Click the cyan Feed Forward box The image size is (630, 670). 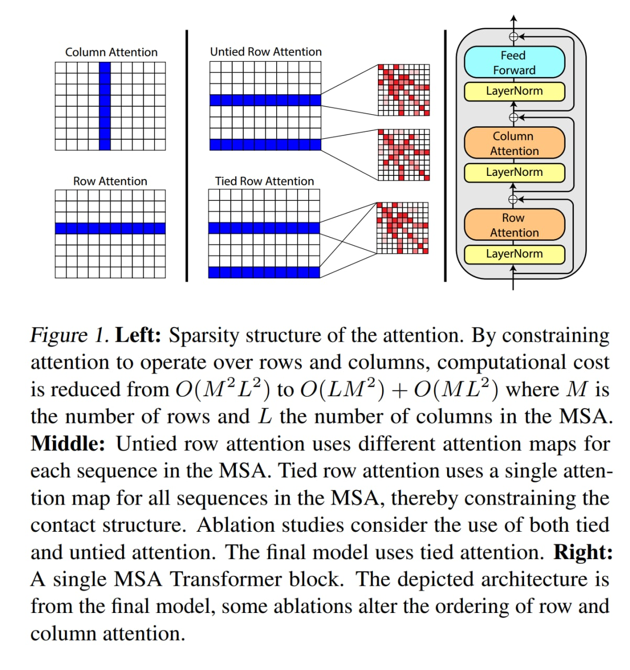pyautogui.click(x=514, y=63)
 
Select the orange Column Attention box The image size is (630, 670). pyautogui.click(x=514, y=143)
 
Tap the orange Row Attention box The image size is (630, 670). pyautogui.click(x=514, y=225)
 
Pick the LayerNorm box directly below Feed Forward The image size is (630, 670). pyautogui.click(x=514, y=91)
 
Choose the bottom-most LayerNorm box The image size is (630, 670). pyautogui.click(x=514, y=254)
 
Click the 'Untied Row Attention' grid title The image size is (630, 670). pyautogui.click(x=266, y=52)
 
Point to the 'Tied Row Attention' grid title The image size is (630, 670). pyautogui.click(x=264, y=181)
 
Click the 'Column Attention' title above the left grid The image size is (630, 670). pyautogui.click(x=111, y=52)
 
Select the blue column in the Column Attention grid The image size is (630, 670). pyautogui.click(x=105, y=106)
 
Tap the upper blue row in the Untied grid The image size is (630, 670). pyautogui.click(x=265, y=100)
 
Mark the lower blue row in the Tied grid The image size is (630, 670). pyautogui.click(x=264, y=272)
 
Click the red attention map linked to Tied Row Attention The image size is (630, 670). pyautogui.click(x=403, y=228)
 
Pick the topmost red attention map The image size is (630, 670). pyautogui.click(x=404, y=90)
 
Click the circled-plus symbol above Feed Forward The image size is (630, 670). pyautogui.click(x=514, y=37)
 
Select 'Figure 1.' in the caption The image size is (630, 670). pyautogui.click(x=69, y=335)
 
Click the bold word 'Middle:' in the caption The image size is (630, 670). pyautogui.click(x=68, y=444)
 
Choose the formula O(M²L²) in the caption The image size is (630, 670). pyautogui.click(x=223, y=389)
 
